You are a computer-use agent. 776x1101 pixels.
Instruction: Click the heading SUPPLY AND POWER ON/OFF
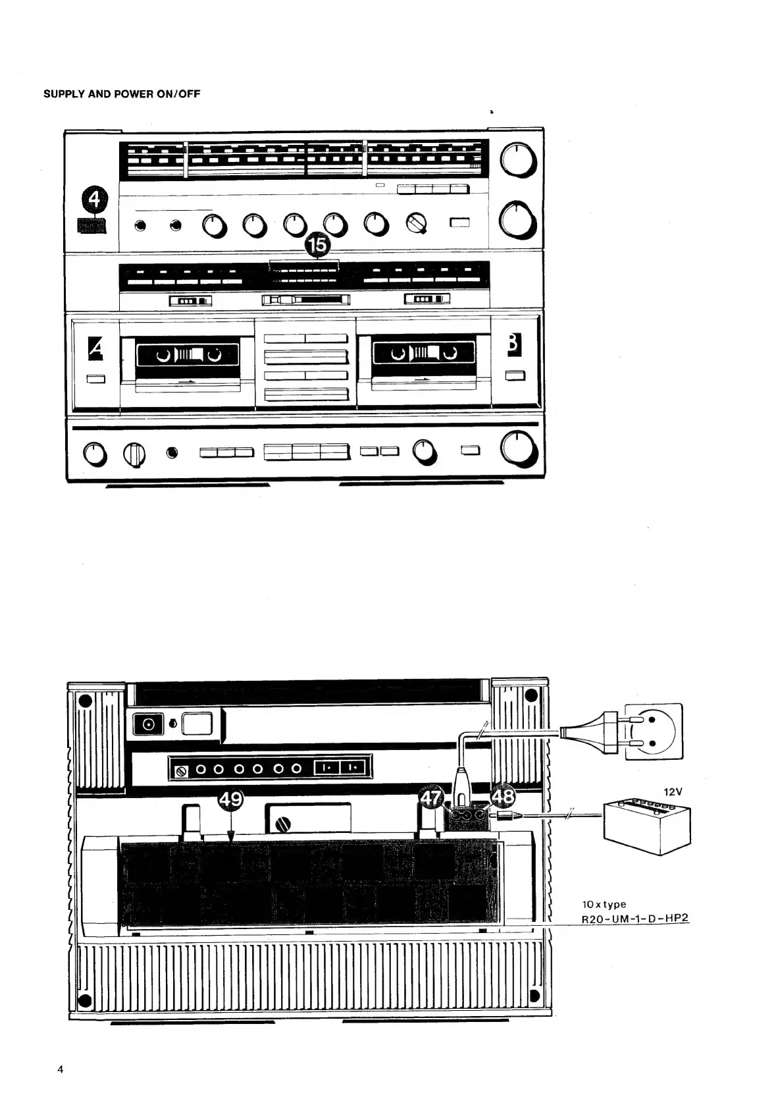point(122,94)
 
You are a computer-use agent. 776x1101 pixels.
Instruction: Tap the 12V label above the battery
point(673,792)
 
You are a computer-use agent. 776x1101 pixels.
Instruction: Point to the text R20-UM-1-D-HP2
point(635,918)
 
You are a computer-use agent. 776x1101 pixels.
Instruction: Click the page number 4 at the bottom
point(61,1069)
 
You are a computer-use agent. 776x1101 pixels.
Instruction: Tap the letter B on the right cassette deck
point(514,346)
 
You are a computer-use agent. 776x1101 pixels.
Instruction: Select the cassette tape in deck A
point(187,356)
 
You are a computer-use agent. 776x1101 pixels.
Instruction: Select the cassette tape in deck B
point(423,354)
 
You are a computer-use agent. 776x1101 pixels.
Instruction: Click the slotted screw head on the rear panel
point(284,824)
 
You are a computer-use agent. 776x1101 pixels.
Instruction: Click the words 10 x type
point(604,904)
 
